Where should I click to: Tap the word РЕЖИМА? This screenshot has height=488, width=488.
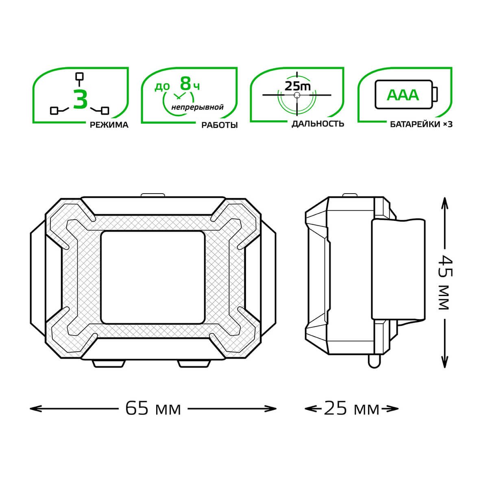(x=109, y=125)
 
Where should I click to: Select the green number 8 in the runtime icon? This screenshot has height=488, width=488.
(x=185, y=84)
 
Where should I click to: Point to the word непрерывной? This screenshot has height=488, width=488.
(x=198, y=107)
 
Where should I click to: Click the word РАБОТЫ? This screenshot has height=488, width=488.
(x=220, y=125)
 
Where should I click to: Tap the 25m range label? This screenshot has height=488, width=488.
(x=298, y=86)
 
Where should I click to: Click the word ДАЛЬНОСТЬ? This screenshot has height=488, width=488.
(x=318, y=124)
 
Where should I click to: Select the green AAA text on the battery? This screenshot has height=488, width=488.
(x=403, y=95)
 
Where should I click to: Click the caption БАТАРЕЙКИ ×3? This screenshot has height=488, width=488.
(x=421, y=124)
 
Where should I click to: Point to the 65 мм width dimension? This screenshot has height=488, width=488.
(x=153, y=408)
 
